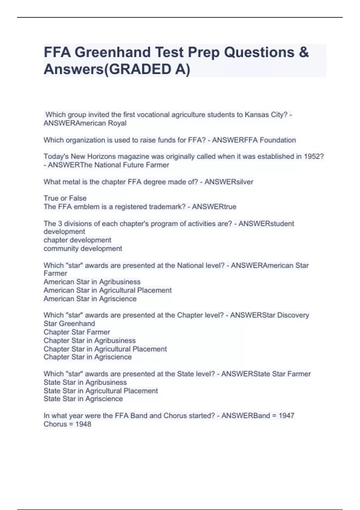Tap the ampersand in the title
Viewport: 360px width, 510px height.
303,52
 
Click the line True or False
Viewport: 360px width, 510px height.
65,198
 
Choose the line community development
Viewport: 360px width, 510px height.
83,249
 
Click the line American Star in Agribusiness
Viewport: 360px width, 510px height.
92,282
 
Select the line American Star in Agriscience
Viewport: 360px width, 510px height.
90,299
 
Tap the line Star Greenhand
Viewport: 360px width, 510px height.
69,324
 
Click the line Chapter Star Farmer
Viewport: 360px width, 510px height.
77,332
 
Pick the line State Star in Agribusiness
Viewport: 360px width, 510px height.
85,382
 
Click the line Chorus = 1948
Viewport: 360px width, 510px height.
67,424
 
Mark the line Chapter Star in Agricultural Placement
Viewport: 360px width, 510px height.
105,349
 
